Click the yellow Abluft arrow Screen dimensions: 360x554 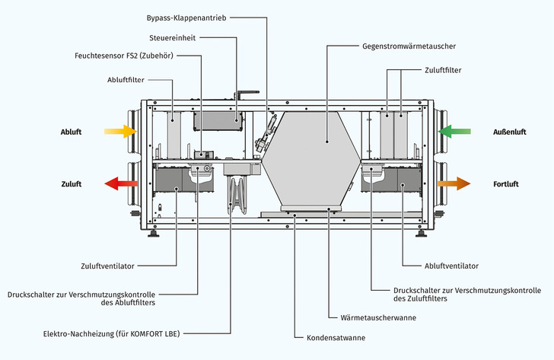pos(119,132)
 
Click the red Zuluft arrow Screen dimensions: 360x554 pos(119,183)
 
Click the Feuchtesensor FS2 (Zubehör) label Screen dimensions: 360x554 pos(123,56)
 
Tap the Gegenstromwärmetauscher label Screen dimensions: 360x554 pos(409,46)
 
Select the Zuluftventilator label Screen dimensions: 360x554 pos(107,266)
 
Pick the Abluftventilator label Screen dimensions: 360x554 pos(451,266)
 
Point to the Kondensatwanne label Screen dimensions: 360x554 pos(336,336)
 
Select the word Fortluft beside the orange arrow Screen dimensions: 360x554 pos(506,183)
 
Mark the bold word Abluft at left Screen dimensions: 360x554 pos(71,132)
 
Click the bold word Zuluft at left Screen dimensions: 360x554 pos(71,183)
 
